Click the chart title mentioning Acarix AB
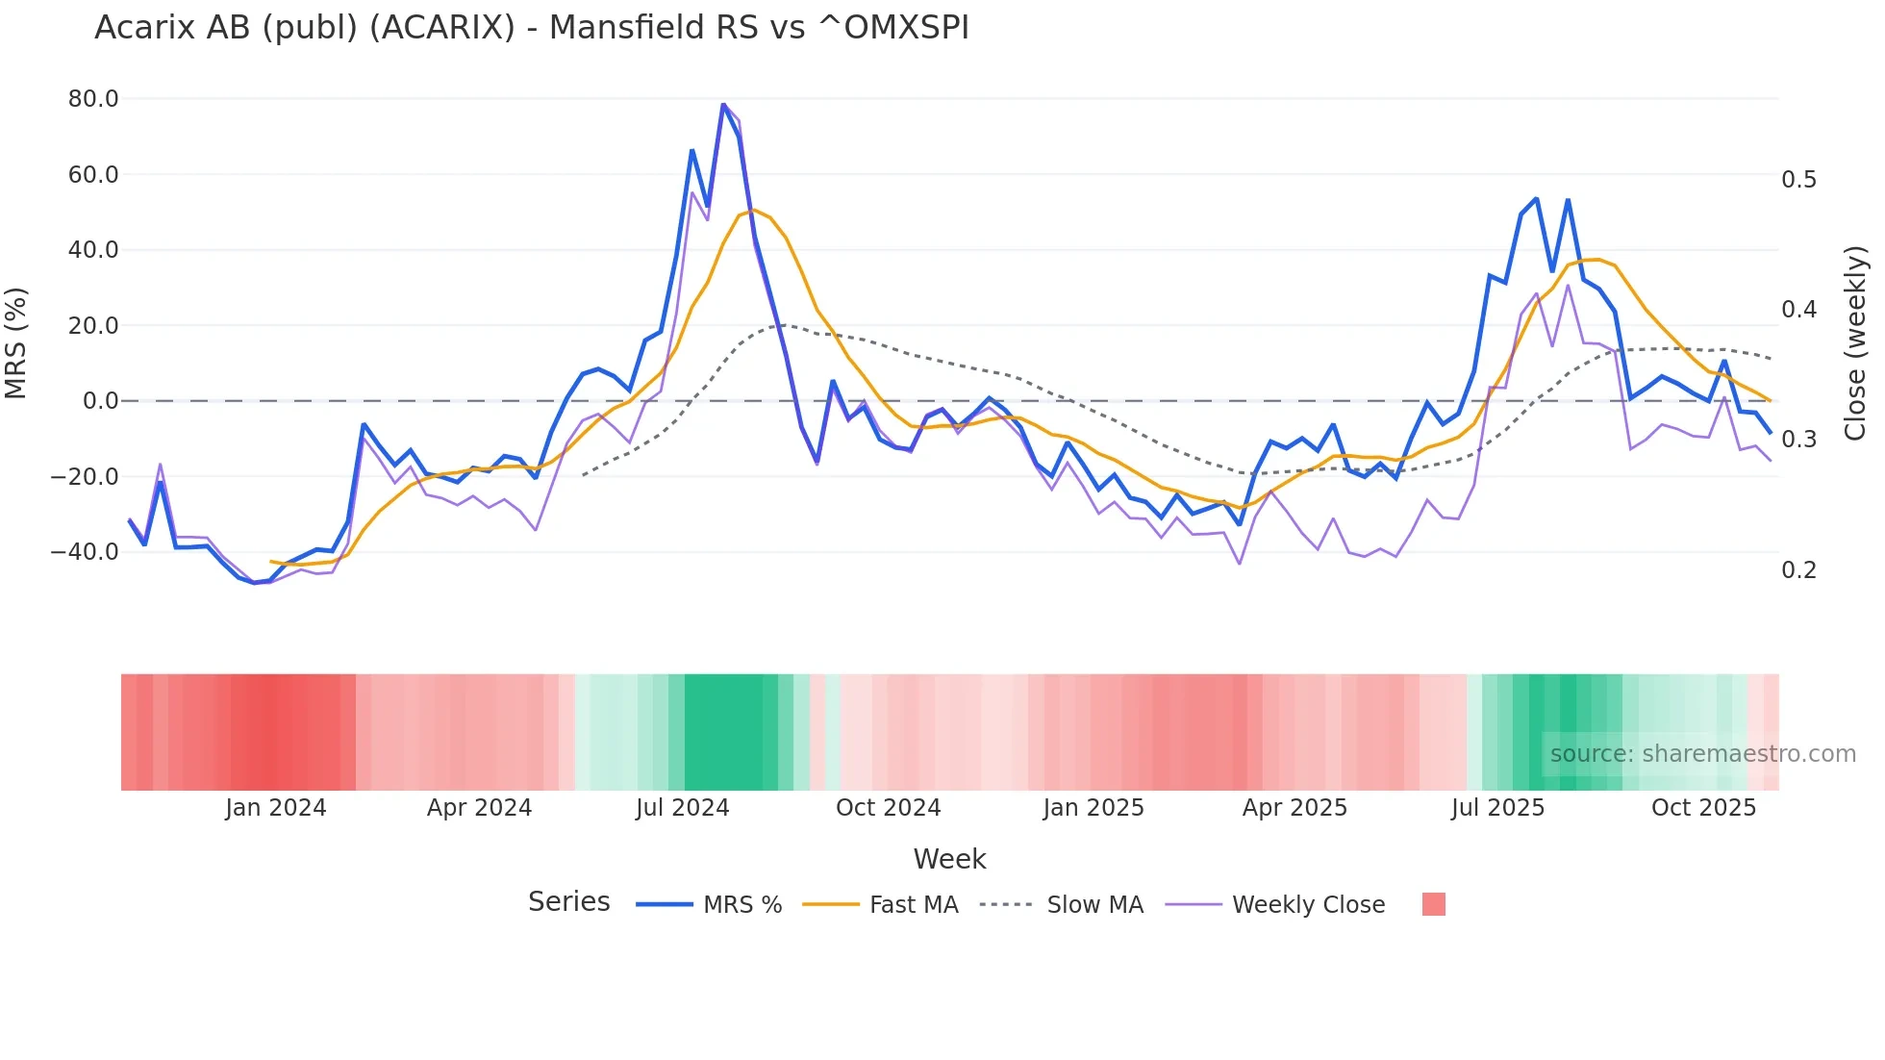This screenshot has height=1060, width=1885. pyautogui.click(x=531, y=28)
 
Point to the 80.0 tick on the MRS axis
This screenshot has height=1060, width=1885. pyautogui.click(x=93, y=99)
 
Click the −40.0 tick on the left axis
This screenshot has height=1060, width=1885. pyautogui.click(x=85, y=552)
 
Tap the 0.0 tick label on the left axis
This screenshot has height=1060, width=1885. pyautogui.click(x=100, y=401)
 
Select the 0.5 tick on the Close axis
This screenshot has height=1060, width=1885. pyautogui.click(x=1798, y=180)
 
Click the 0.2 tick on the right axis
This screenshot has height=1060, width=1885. pyautogui.click(x=1798, y=569)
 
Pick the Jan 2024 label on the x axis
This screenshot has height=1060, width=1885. pyautogui.click(x=275, y=808)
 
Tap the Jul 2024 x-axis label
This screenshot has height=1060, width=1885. pyautogui.click(x=682, y=808)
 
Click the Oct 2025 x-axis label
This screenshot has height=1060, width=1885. pyautogui.click(x=1703, y=808)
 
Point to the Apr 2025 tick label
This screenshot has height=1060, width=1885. pyautogui.click(x=1294, y=808)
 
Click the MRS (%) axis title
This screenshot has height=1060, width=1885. pyautogui.click(x=16, y=343)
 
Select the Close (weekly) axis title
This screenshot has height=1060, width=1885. pyautogui.click(x=1855, y=343)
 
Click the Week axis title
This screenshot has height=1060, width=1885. pyautogui.click(x=949, y=859)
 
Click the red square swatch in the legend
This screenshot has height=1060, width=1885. pyautogui.click(x=1433, y=904)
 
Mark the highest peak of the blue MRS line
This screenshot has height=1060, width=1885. pyautogui.click(x=723, y=104)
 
